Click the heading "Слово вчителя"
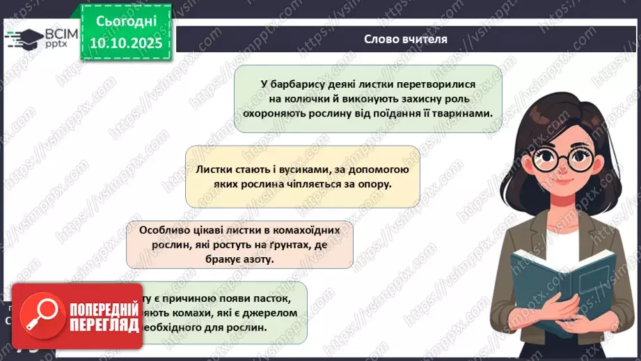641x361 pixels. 405,39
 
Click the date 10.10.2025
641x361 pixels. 122,43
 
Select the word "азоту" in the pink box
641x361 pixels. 260,259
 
